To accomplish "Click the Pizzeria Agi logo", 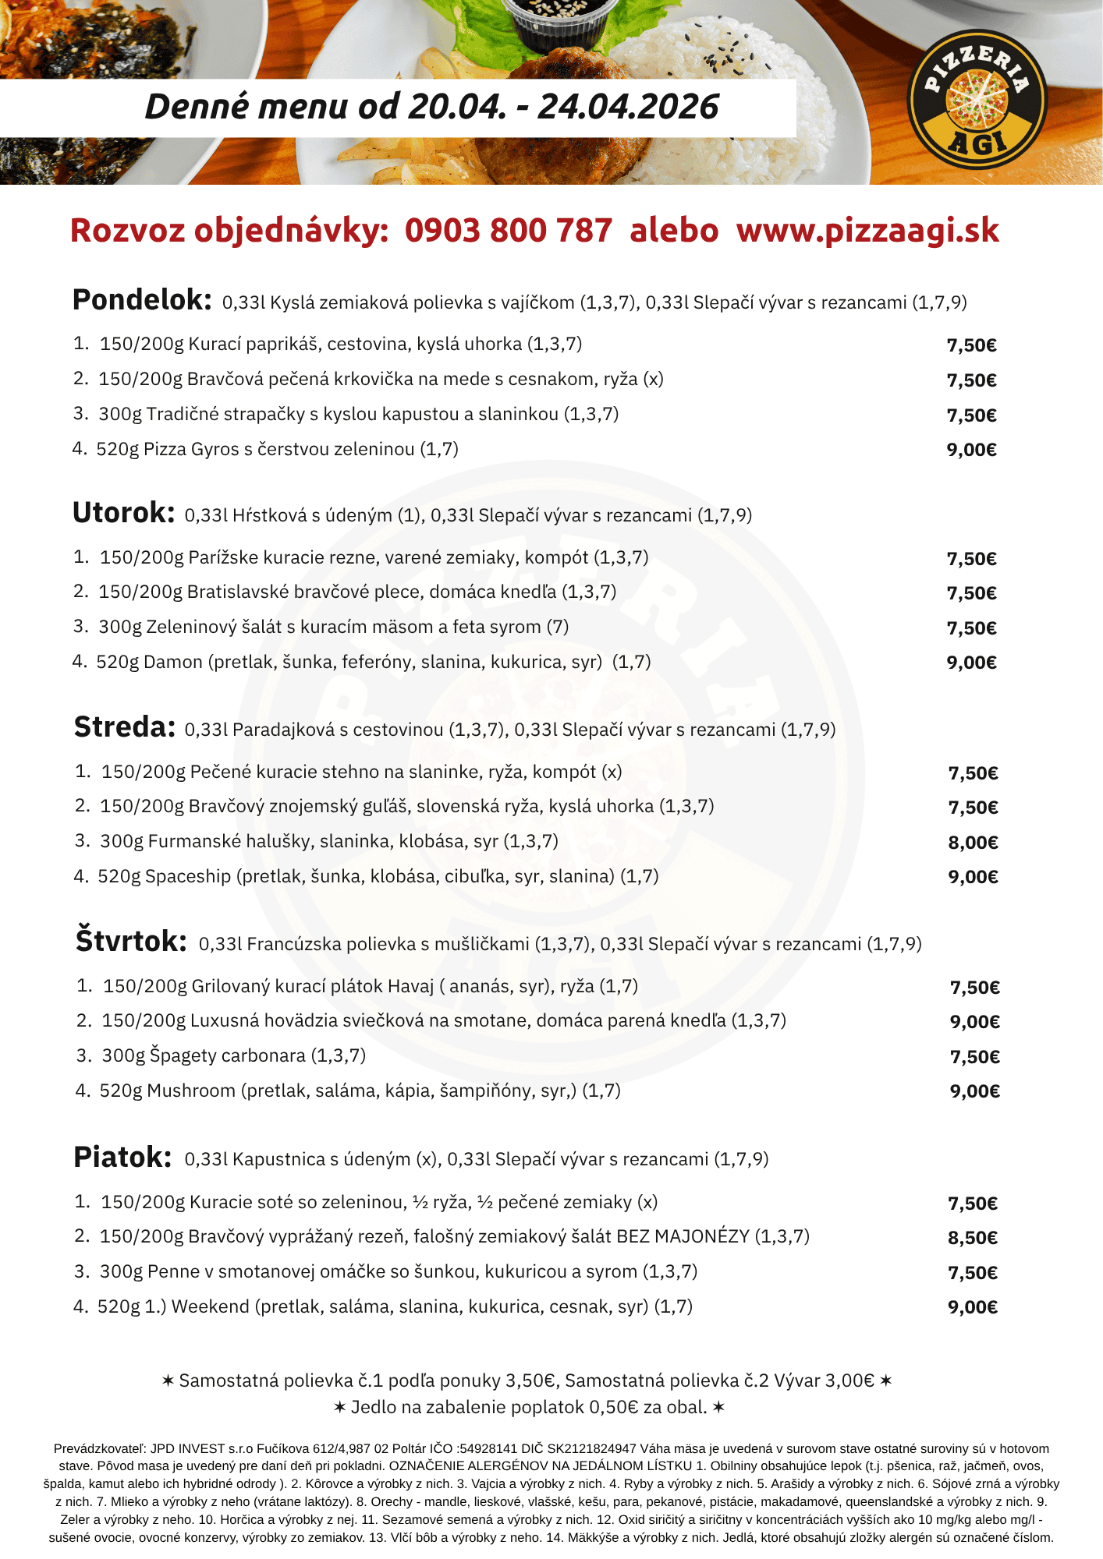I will pos(977,99).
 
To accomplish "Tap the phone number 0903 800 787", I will pos(508,231).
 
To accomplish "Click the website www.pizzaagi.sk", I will pos(867,231).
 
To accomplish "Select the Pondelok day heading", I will pos(141,300).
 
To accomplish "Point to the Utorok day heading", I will pos(123,513).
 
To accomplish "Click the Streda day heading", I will pos(124,727).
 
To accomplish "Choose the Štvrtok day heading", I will pos(131,941).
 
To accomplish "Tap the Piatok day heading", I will pos(122,1157).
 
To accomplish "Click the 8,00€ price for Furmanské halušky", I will pos(973,843).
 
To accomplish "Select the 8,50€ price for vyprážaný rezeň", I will pos(973,1238).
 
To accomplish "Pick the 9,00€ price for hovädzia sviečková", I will pos(974,1022).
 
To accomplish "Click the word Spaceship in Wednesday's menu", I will pos(188,876).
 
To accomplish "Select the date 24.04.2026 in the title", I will pos(628,107).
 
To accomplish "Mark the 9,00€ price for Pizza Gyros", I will pos(971,450).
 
